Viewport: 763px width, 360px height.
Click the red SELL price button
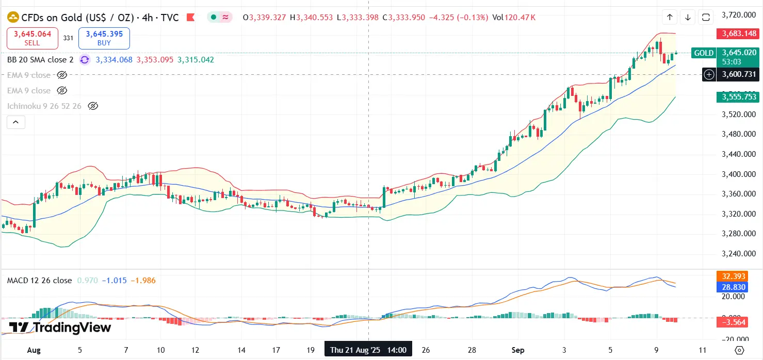(x=32, y=38)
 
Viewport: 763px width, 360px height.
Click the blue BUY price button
(x=104, y=38)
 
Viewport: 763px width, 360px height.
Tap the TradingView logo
(x=60, y=328)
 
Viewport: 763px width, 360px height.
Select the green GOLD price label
(x=704, y=53)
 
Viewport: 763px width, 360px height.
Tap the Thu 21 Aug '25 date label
(x=368, y=350)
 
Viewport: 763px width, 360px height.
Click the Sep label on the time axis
(x=518, y=350)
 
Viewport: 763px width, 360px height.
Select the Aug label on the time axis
(x=33, y=350)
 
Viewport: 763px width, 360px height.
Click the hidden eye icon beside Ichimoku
(x=93, y=106)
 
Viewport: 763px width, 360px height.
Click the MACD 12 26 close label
(x=39, y=281)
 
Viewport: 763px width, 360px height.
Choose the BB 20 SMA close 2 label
(x=40, y=60)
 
